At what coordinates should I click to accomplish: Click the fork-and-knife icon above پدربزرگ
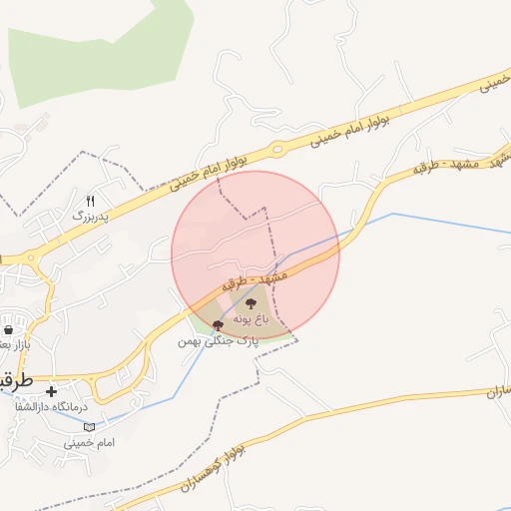(91, 200)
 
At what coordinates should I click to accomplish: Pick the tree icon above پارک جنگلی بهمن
(218, 325)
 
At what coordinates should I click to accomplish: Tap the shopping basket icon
(9, 330)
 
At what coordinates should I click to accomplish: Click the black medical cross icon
(51, 391)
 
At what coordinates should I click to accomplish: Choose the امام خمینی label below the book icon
(91, 441)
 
